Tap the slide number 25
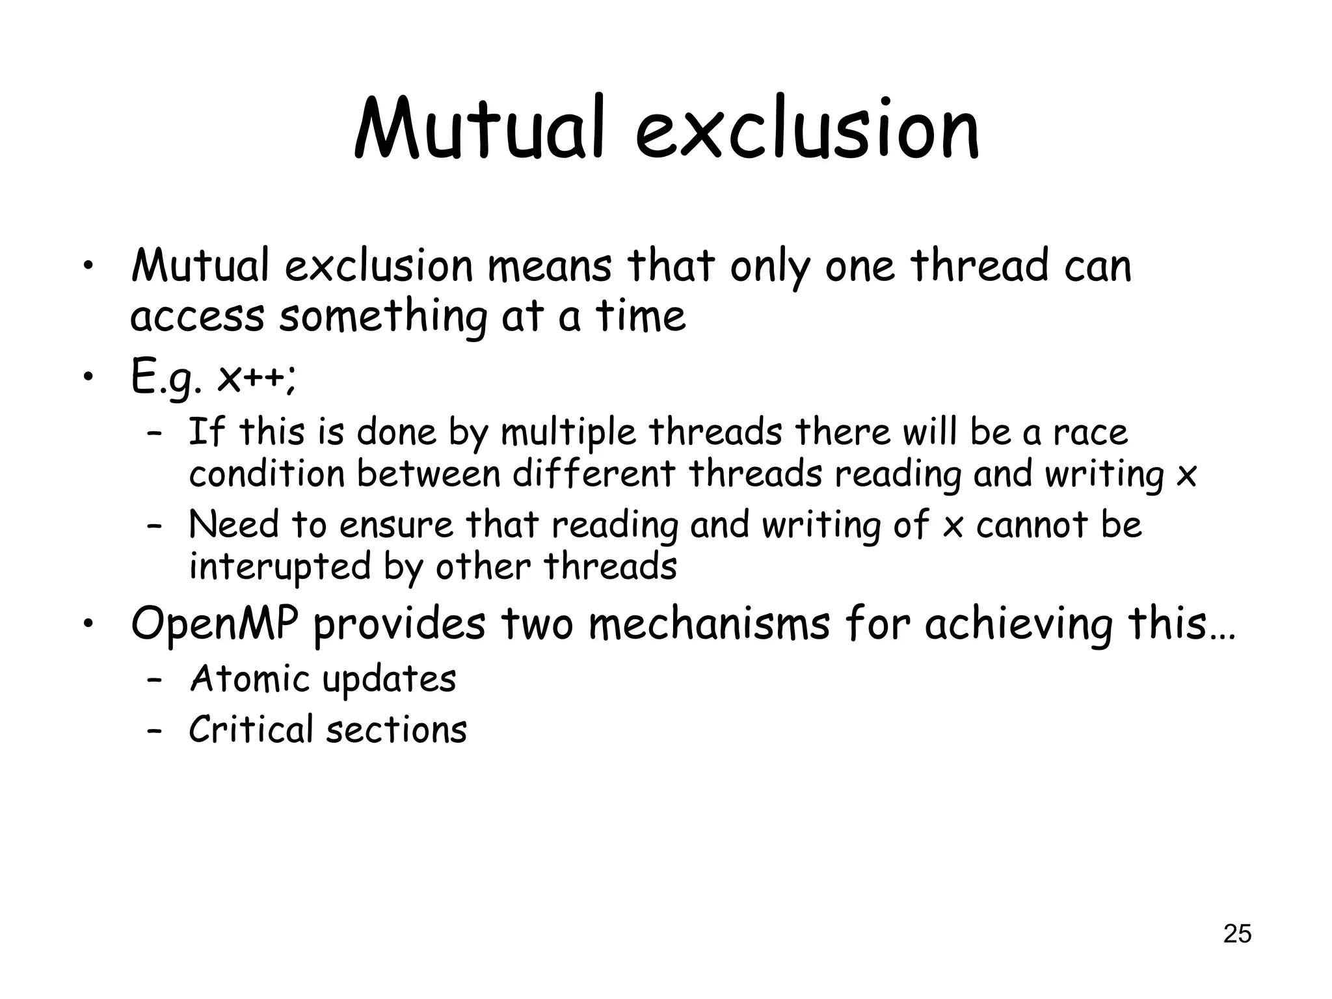coord(1237,933)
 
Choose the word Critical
coord(251,729)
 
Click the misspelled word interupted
coord(279,566)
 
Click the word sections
coord(397,729)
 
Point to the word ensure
coord(395,524)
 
